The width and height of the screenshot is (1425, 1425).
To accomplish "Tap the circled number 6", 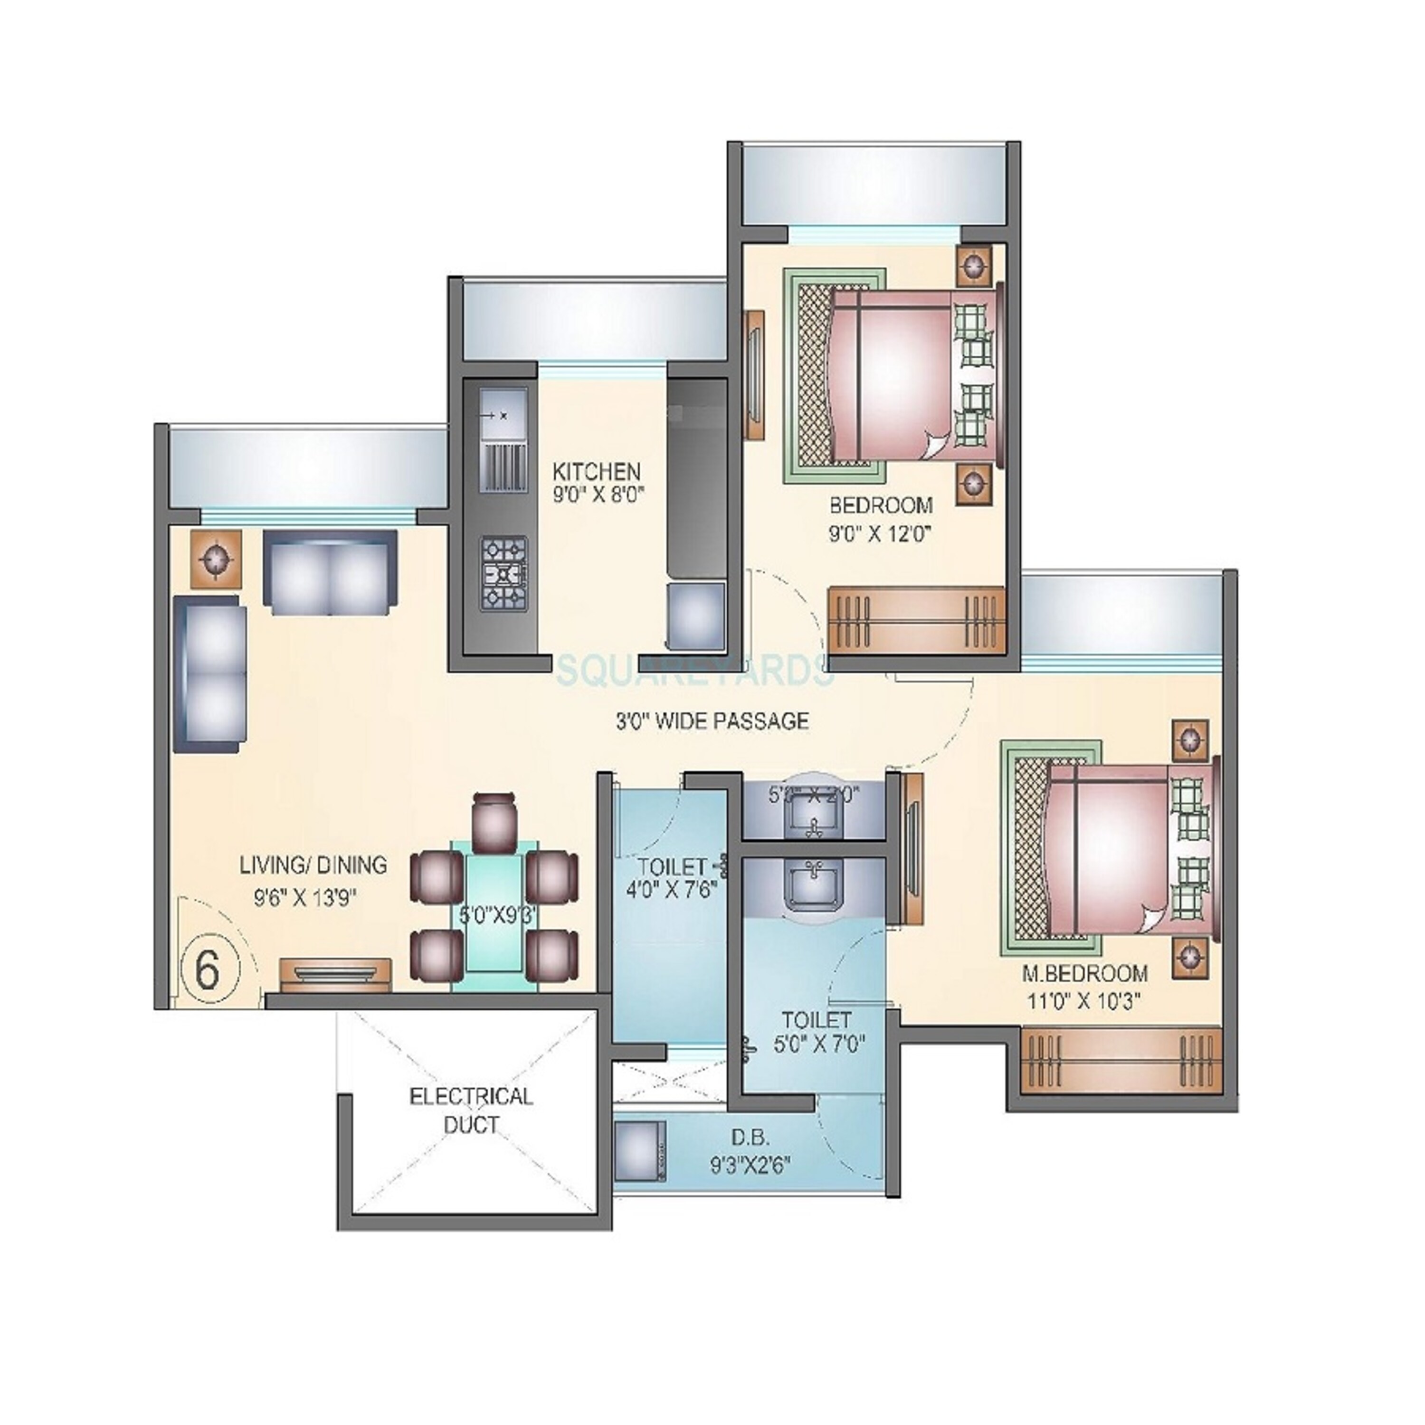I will (209, 970).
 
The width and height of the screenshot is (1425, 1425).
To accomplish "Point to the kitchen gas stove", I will (504, 571).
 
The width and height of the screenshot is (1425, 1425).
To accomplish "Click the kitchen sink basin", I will (504, 415).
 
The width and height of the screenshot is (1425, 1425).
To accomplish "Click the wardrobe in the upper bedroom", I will (917, 619).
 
